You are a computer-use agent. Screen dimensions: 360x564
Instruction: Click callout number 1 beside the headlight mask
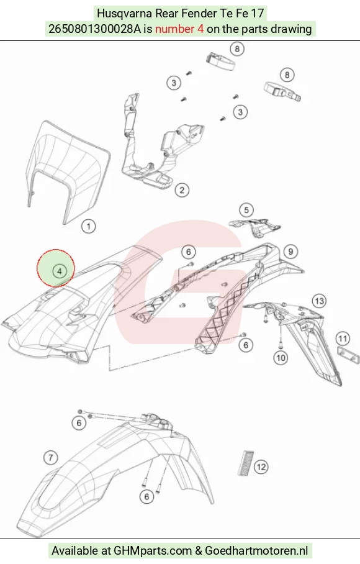pyautogui.click(x=88, y=227)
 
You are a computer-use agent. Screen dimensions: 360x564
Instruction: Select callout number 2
pyautogui.click(x=182, y=190)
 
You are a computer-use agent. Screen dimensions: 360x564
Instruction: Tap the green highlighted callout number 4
pyautogui.click(x=60, y=271)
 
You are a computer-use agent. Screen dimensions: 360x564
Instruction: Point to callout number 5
pyautogui.click(x=246, y=210)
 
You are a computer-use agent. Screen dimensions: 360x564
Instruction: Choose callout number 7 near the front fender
pyautogui.click(x=51, y=458)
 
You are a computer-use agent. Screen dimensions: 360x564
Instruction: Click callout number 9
pyautogui.click(x=290, y=252)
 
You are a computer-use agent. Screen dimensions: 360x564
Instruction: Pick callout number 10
pyautogui.click(x=281, y=358)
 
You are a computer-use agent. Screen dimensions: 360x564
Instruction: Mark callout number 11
pyautogui.click(x=343, y=339)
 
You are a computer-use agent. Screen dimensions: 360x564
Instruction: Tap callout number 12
pyautogui.click(x=261, y=467)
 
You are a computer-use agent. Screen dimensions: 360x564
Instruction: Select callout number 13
pyautogui.click(x=319, y=301)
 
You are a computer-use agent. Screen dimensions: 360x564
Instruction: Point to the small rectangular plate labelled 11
pyautogui.click(x=348, y=355)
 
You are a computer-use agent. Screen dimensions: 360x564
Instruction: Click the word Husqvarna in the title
pyautogui.click(x=124, y=13)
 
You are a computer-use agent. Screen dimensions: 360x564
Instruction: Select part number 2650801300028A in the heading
pyautogui.click(x=94, y=29)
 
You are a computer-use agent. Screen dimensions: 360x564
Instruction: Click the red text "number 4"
pyautogui.click(x=179, y=29)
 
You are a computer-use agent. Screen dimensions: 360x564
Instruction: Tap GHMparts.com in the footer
pyautogui.click(x=152, y=551)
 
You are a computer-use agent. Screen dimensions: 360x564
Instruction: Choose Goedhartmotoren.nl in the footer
pyautogui.click(x=256, y=551)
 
